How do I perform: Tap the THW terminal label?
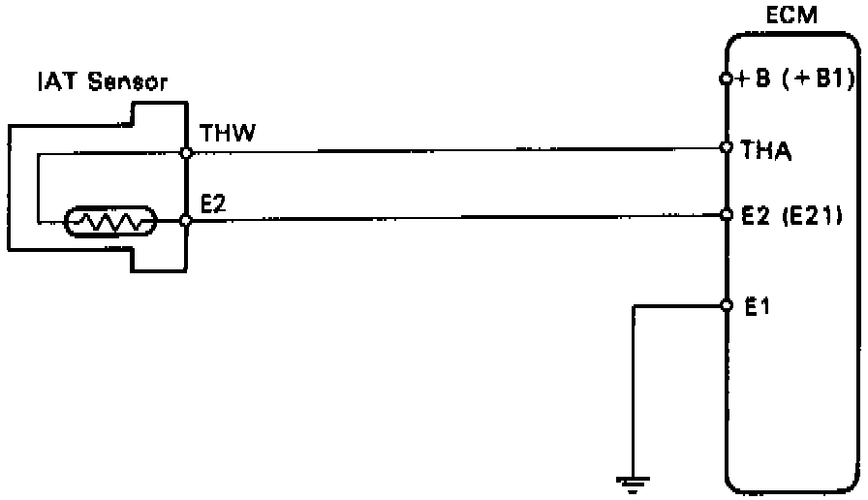pos(227,132)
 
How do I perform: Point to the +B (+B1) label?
pos(792,79)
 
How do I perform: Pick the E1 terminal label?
pos(757,306)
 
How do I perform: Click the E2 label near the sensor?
pos(213,204)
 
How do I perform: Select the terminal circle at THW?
pos(187,153)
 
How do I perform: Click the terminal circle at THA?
pos(726,148)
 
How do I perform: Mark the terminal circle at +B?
pos(726,78)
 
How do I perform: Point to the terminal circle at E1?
pos(726,306)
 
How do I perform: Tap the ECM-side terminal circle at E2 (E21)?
pos(726,215)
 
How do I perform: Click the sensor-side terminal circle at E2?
pos(187,221)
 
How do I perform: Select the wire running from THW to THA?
pos(455,151)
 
